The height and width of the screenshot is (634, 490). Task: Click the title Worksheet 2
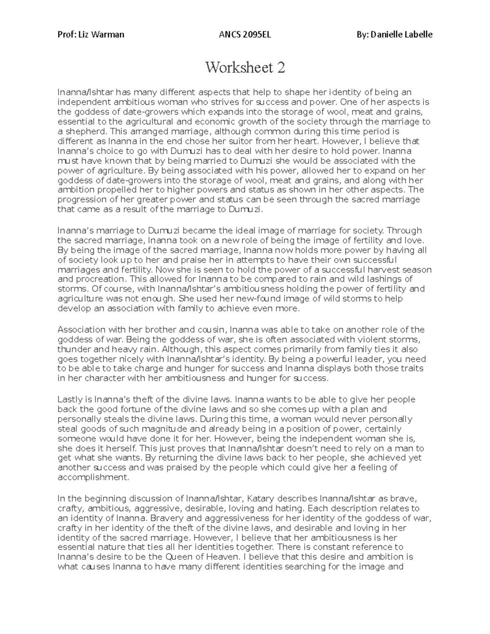[x=245, y=67]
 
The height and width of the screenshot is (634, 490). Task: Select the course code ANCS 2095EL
[x=245, y=34]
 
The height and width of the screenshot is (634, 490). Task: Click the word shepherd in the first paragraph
[x=86, y=131]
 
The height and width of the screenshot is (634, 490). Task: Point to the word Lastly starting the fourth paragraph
[x=70, y=399]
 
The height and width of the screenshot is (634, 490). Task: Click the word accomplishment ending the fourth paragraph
[x=93, y=477]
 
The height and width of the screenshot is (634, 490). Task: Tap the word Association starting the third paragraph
[x=80, y=329]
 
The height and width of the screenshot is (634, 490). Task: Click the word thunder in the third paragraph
[x=72, y=349]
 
